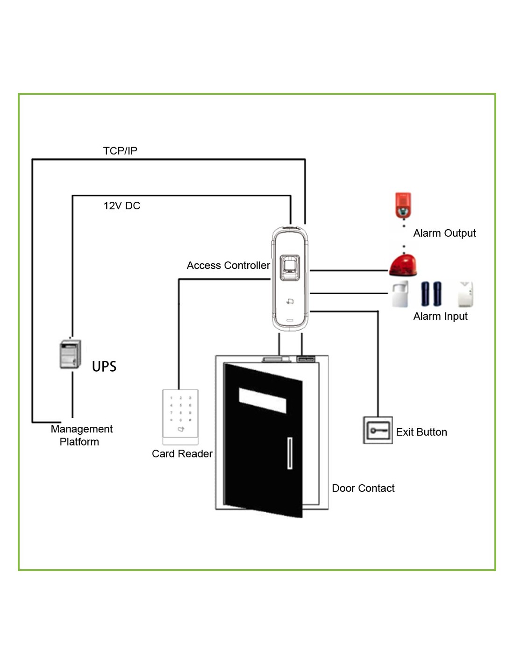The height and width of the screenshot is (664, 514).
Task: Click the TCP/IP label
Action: click(x=120, y=151)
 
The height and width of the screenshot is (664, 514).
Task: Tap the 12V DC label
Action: click(x=122, y=206)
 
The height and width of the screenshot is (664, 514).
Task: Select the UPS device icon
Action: click(x=71, y=354)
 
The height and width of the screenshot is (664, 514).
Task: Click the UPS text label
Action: click(x=104, y=367)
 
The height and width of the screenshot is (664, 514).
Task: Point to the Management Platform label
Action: click(x=81, y=435)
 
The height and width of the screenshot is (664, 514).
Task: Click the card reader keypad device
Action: click(x=181, y=416)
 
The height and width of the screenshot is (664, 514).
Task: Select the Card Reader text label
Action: click(x=182, y=454)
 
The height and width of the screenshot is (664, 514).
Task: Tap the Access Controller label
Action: click(x=228, y=266)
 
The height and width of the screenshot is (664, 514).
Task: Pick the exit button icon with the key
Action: click(x=378, y=430)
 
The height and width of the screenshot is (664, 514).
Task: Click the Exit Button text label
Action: click(x=421, y=432)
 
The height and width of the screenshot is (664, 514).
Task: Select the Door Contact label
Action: click(x=363, y=488)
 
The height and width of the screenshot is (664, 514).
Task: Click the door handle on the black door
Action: click(x=290, y=453)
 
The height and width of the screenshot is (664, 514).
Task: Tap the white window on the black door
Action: click(x=263, y=400)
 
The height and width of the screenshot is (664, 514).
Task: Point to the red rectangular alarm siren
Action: click(x=403, y=205)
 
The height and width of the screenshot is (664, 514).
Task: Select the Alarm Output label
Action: click(x=444, y=233)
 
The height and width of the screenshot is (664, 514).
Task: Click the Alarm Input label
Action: click(x=440, y=317)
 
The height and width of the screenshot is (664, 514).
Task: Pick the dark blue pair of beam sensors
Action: click(x=431, y=294)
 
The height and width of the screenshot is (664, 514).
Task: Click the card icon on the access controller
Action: click(x=290, y=302)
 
